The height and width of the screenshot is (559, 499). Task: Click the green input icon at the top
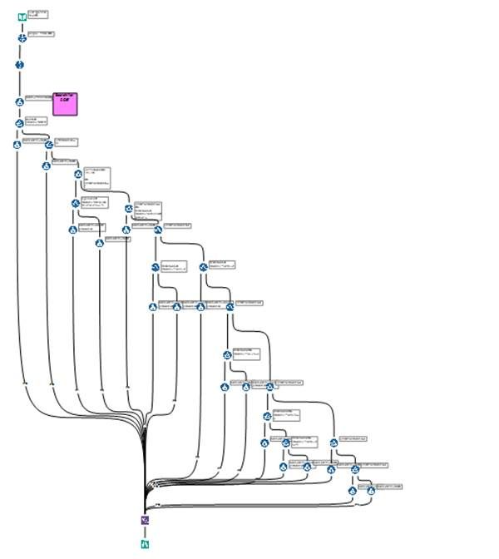tap(22, 16)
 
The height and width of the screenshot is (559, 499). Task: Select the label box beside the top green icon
tap(38, 14)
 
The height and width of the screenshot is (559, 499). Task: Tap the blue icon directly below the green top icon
tap(22, 37)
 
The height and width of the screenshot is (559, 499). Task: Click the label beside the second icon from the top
tap(42, 34)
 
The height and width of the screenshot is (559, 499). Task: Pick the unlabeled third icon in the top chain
tap(20, 64)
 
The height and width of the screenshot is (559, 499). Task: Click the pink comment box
tap(65, 103)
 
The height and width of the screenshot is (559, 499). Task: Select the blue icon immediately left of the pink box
tap(20, 101)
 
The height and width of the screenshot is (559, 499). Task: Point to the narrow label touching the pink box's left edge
tap(39, 97)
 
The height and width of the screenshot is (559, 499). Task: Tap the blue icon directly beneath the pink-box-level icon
tap(19, 123)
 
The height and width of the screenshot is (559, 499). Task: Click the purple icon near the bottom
tap(146, 520)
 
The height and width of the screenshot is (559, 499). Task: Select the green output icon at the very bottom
tap(146, 545)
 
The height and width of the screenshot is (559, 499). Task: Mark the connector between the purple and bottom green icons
tap(146, 532)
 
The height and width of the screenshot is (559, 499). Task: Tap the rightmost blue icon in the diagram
tap(371, 490)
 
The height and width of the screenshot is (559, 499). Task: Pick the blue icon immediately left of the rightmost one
tap(353, 490)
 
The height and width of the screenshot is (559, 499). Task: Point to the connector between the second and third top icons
tap(21, 51)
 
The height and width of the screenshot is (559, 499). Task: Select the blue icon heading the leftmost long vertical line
tap(17, 145)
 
